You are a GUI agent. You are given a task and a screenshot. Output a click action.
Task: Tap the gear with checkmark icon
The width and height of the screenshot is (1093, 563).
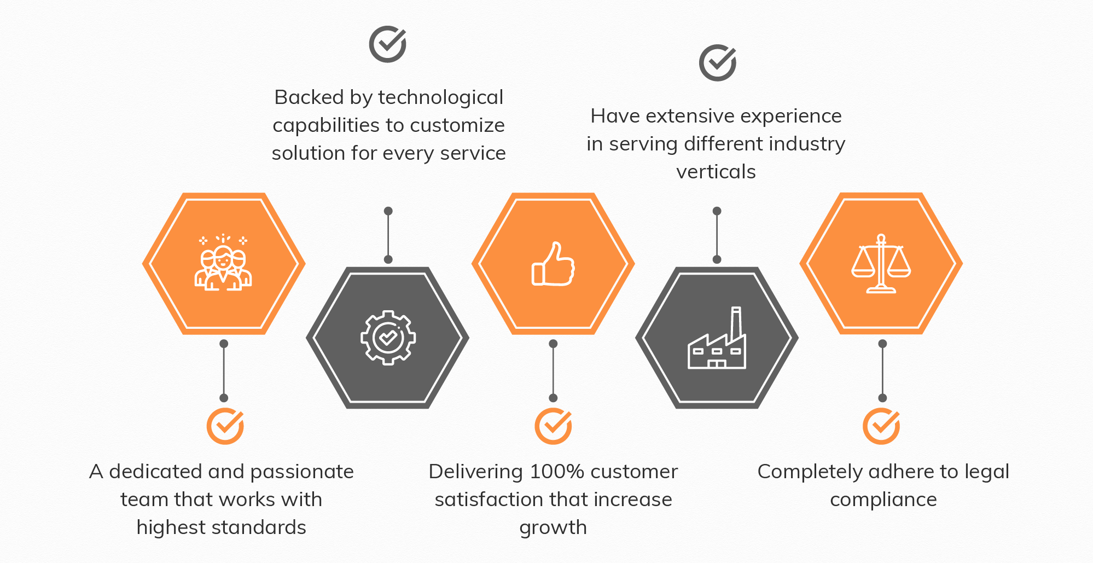388,338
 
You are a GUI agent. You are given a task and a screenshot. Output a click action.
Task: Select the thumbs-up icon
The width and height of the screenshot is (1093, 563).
553,264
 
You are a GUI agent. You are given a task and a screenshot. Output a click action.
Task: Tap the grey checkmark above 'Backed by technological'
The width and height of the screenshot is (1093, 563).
387,44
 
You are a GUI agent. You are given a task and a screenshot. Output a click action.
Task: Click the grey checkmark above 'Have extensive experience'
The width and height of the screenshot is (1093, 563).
717,63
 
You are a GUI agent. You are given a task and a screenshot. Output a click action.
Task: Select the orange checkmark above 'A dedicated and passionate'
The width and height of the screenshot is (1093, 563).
225,426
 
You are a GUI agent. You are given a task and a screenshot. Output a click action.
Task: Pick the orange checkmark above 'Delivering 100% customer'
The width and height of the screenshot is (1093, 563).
553,426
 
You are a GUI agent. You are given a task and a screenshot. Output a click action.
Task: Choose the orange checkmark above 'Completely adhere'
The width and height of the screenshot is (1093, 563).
881,426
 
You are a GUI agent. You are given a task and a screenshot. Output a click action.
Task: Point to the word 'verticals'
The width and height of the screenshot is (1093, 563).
716,172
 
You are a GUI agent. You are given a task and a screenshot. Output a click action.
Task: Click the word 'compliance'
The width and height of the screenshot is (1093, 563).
883,500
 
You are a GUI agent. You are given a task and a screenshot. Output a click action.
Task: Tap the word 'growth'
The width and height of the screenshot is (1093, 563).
553,527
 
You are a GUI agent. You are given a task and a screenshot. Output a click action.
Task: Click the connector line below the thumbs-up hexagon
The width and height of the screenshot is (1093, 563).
553,371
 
